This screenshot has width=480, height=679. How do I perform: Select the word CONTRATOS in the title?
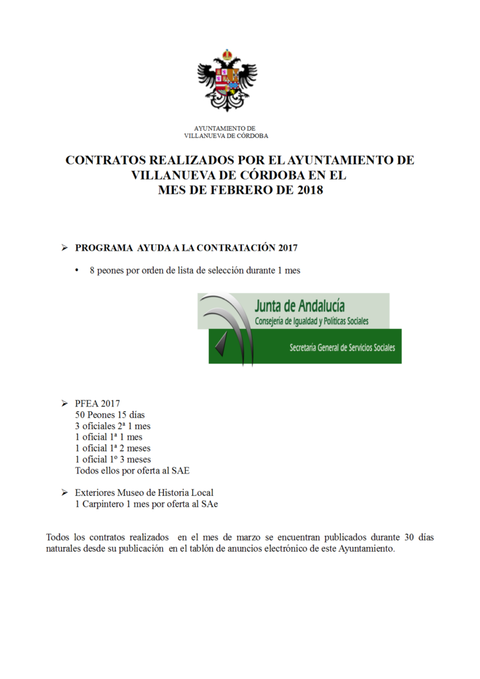109,160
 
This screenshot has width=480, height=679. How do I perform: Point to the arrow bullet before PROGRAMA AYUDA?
64,248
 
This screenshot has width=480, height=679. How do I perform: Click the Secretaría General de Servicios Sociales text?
341,347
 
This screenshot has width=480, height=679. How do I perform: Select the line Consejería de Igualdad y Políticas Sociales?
312,321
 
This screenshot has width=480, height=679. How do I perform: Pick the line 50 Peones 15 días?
109,414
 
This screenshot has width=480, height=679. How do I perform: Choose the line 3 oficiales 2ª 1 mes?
113,426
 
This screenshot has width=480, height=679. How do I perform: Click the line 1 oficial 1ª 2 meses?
113,448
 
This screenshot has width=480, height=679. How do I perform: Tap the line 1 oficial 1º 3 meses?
113,459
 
